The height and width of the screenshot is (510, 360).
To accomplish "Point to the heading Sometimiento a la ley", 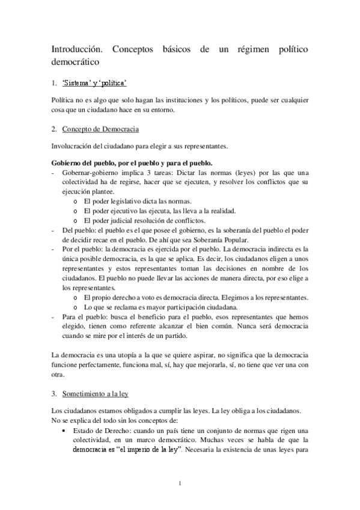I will [96, 394].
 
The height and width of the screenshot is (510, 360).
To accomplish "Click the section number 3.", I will [54, 394].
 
